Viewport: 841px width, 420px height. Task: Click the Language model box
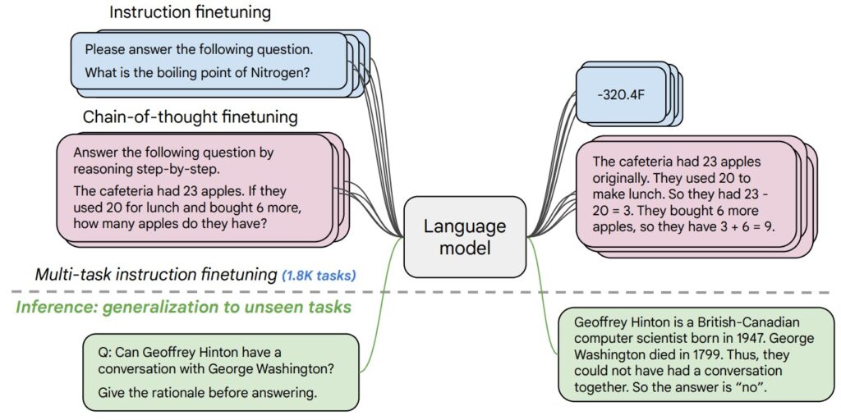coord(465,236)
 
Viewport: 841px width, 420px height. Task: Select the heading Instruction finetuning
coord(191,13)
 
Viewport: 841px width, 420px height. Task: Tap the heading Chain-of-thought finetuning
coord(190,116)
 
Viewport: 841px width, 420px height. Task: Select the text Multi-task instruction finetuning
coord(154,275)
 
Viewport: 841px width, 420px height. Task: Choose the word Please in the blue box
coord(105,49)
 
